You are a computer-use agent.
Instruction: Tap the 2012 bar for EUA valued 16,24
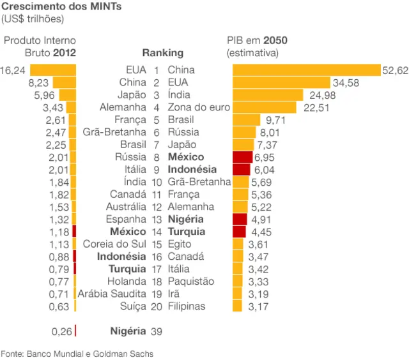(x=53, y=70)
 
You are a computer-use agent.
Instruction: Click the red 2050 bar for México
(x=242, y=157)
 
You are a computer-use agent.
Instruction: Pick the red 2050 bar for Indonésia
(x=241, y=169)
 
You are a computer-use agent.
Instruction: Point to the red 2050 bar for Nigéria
(x=240, y=219)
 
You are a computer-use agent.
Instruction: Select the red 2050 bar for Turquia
(x=239, y=232)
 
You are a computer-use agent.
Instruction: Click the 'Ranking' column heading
(x=162, y=53)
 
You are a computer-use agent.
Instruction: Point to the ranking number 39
(x=156, y=331)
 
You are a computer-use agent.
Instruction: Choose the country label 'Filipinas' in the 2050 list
(x=187, y=306)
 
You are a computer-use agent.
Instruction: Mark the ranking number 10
(x=156, y=182)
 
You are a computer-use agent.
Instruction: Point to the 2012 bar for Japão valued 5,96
(x=67, y=95)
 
